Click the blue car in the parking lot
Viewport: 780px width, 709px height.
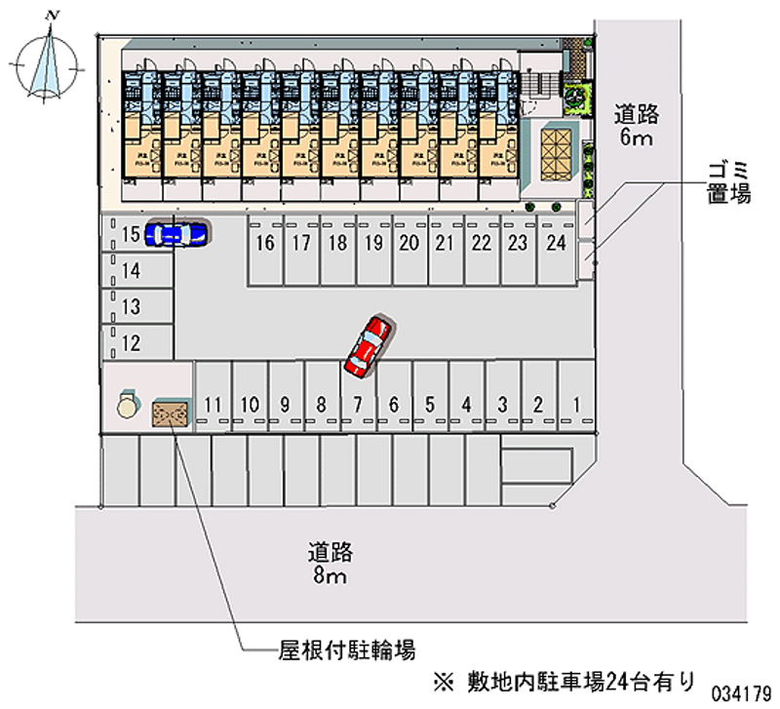176,234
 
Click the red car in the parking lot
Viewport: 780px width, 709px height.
368,344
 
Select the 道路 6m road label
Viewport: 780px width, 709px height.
637,126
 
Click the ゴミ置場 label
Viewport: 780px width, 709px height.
728,184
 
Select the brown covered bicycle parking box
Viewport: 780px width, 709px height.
172,414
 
